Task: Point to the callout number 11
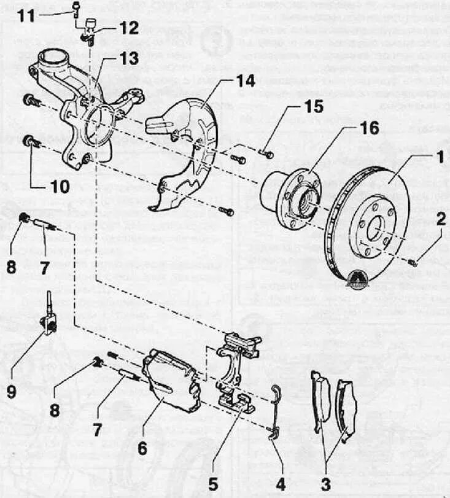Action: [x=26, y=16]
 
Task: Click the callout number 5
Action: [x=213, y=484]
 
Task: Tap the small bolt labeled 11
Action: [x=76, y=9]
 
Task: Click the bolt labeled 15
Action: [x=266, y=153]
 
